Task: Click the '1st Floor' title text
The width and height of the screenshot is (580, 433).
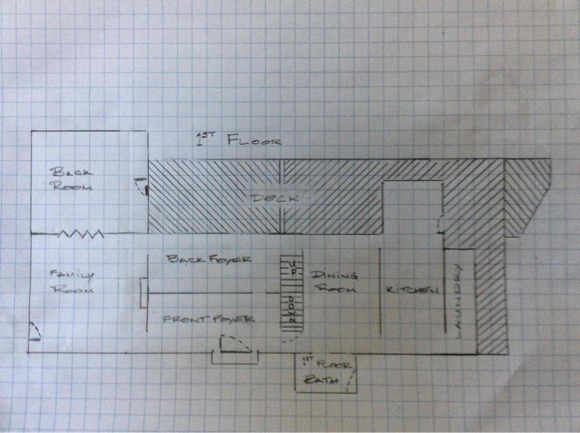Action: [239, 139]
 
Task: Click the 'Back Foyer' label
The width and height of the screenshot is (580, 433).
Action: [208, 258]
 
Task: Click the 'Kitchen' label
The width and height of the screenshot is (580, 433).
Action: [412, 290]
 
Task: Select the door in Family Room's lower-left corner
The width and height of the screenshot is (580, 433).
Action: [35, 334]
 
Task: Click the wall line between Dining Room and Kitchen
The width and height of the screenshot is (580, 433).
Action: [381, 290]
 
